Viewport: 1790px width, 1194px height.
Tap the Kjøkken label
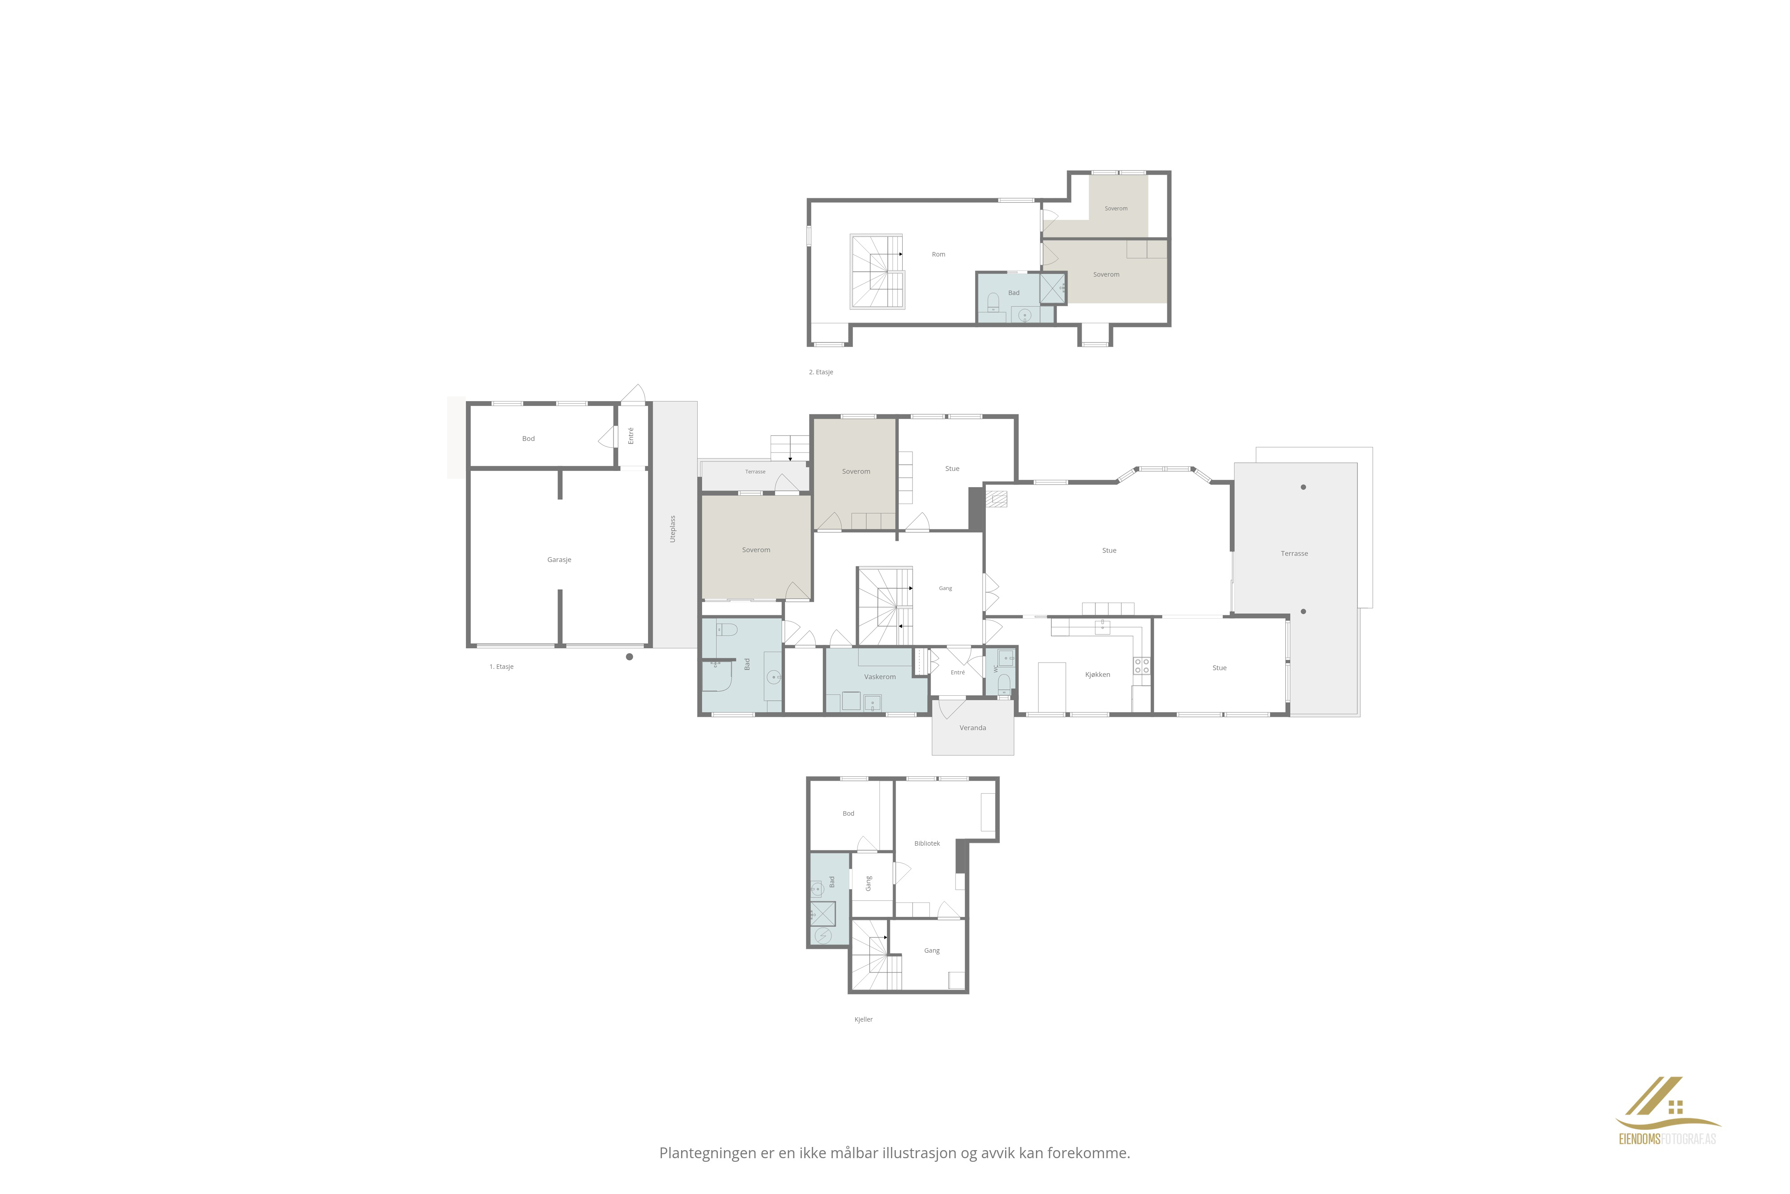[1097, 675]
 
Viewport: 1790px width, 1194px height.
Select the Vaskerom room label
[880, 677]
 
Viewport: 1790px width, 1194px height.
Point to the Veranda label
[972, 728]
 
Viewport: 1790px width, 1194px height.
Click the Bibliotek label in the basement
[927, 844]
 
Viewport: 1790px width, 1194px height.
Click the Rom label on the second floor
[938, 254]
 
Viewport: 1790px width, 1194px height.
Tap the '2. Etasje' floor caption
[821, 372]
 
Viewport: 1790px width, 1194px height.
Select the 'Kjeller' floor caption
[863, 1019]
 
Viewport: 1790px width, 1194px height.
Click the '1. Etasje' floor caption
[502, 667]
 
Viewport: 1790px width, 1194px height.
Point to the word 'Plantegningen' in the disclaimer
[707, 1154]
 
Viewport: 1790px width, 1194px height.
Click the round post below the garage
[629, 656]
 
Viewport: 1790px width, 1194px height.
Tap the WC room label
[995, 669]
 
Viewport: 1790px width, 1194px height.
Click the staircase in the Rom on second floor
[877, 271]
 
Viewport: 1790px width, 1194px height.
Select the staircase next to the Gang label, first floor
[885, 606]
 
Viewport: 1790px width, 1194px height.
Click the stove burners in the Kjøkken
[1142, 666]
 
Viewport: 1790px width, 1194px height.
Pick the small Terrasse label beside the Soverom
[755, 472]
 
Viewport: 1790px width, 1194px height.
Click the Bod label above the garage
[528, 439]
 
